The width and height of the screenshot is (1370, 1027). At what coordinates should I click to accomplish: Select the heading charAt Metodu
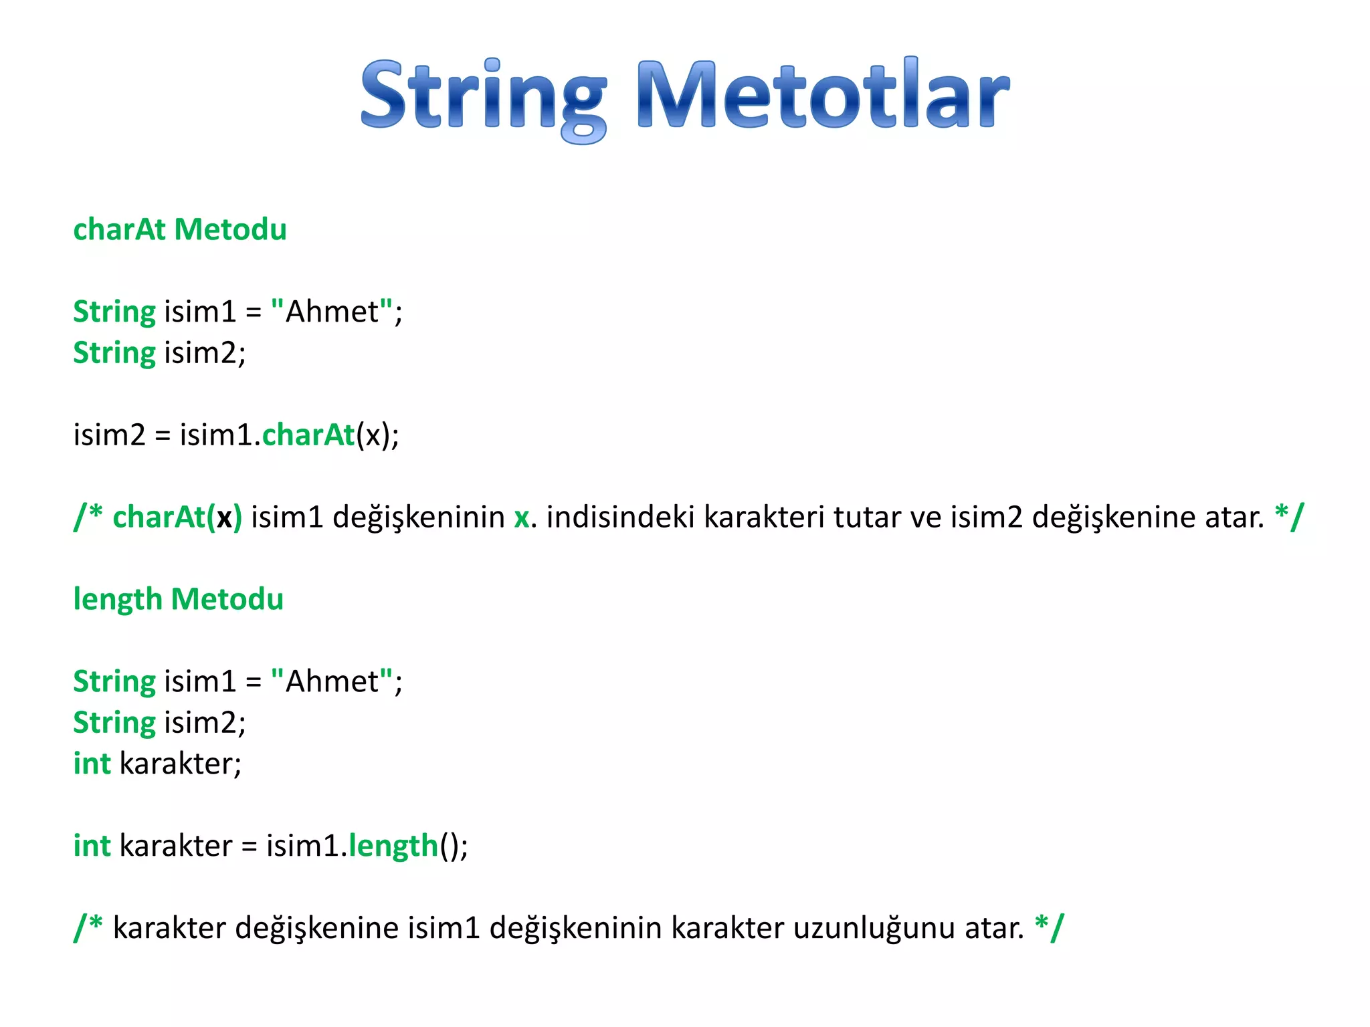180,230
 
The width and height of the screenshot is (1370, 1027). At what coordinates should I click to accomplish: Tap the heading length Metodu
178,600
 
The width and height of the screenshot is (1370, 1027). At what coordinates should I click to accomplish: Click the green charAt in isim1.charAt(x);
308,435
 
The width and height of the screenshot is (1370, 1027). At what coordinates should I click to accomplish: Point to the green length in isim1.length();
393,846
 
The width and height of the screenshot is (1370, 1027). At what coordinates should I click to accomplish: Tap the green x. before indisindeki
522,518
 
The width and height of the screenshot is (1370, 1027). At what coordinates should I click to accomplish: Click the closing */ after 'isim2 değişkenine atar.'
1289,516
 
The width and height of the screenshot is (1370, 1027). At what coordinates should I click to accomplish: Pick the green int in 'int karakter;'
92,764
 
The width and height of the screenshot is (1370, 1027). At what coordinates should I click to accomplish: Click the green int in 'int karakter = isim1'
92,846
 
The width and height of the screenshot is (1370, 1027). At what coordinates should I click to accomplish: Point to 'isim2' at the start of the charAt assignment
109,435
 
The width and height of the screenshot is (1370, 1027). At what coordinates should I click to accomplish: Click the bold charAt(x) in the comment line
177,518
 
